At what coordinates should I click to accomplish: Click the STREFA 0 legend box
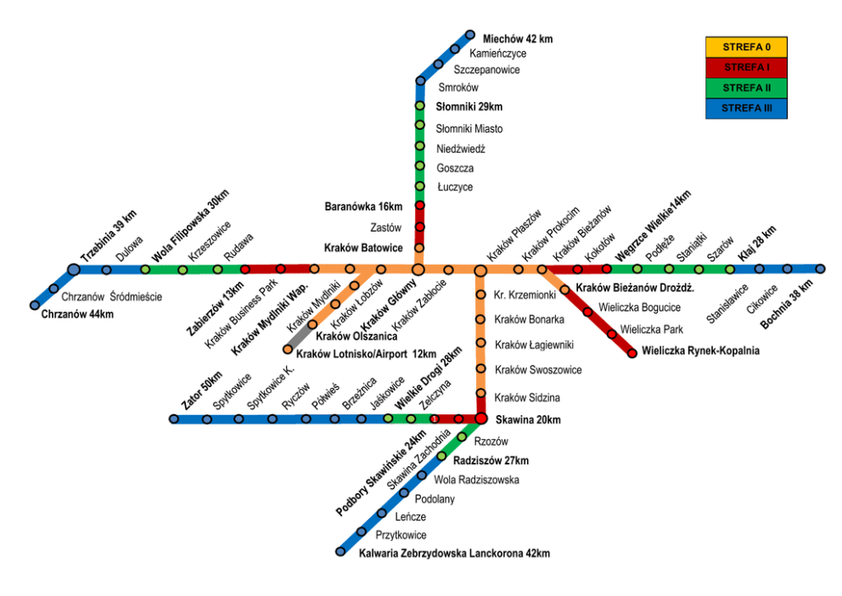coord(746,47)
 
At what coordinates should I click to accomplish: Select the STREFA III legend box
coord(746,109)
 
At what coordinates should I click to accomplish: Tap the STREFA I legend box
coord(746,67)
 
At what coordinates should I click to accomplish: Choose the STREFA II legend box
coord(746,87)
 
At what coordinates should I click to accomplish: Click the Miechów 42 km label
coord(517,39)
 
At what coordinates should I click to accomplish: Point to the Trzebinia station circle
coord(74,269)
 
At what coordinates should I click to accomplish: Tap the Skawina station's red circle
coord(480,419)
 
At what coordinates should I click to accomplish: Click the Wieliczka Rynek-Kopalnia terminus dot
coord(631,353)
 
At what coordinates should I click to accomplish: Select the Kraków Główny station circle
coord(418,269)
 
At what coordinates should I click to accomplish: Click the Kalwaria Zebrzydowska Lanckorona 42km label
coord(454,554)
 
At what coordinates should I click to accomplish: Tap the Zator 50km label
coord(201,391)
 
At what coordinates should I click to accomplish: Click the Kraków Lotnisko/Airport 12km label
coord(366,353)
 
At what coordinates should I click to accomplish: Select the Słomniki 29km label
coord(469,107)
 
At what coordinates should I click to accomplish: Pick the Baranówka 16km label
coord(363,206)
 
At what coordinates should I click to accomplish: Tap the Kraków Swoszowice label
coord(538,370)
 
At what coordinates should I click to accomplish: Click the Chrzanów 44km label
coord(76,314)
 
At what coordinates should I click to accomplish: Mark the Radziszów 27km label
coord(491,460)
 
